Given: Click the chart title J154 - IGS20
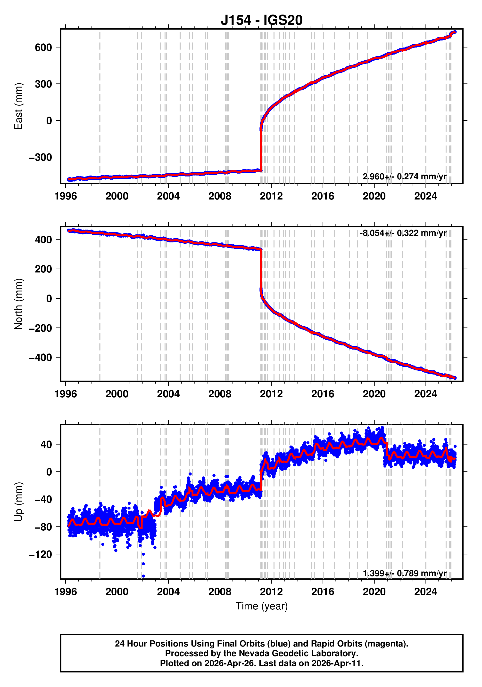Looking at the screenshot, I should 262,20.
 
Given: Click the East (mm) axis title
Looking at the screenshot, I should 18,106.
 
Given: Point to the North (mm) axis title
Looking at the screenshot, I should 18,304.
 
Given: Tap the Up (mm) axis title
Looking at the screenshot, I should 18,502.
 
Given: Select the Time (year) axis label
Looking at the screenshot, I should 262,606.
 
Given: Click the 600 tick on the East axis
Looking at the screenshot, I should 43,47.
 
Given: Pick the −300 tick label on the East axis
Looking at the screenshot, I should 41,157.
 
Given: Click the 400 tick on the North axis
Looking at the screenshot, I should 43,240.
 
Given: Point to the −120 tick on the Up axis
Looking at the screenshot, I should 41,554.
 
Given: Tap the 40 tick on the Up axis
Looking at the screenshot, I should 46,444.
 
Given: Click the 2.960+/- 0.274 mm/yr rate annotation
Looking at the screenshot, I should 404,176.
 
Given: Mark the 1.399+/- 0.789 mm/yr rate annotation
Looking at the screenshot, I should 404,573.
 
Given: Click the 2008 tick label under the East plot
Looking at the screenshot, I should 220,196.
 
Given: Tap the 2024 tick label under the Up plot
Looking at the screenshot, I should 425,592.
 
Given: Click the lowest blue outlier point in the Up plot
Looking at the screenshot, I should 143,576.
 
